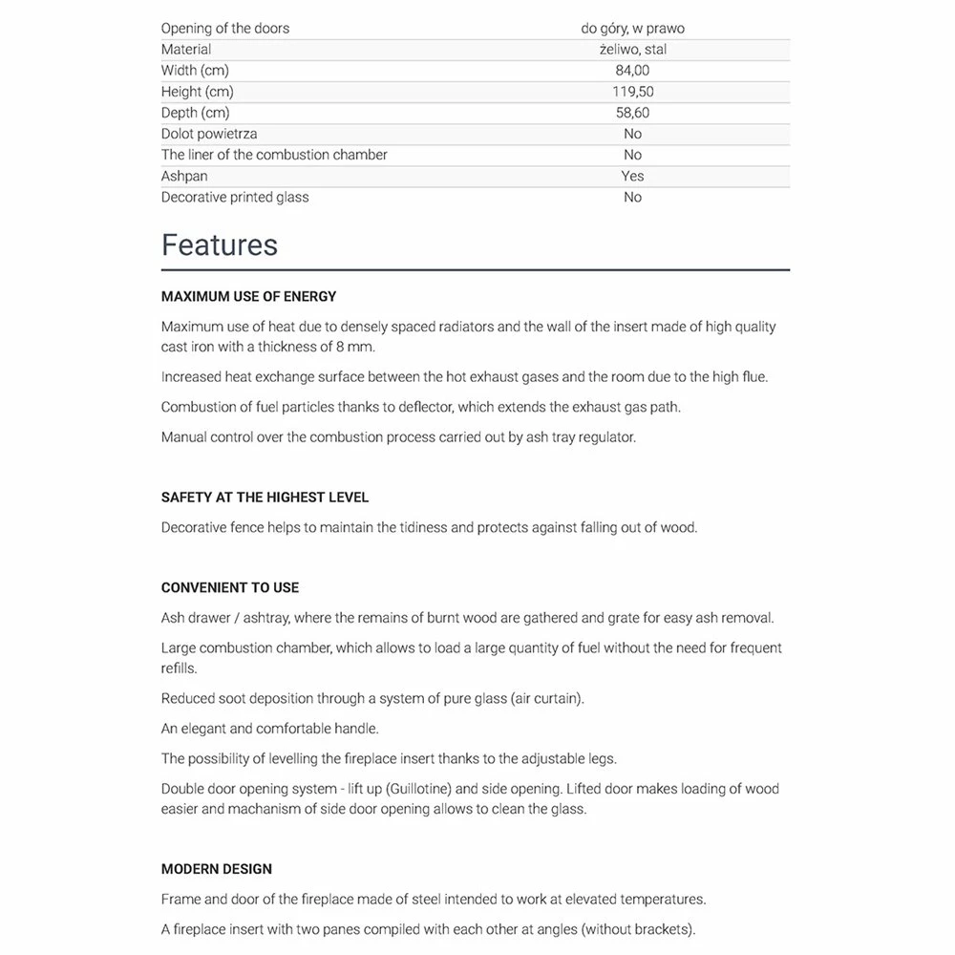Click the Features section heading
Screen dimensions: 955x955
point(219,245)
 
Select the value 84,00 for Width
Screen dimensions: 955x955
point(632,71)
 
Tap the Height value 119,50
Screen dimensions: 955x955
point(632,92)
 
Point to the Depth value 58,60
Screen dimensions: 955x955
point(632,113)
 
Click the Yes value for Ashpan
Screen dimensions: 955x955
point(632,176)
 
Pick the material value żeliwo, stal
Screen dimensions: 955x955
point(632,50)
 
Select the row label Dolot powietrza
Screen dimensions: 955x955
point(208,134)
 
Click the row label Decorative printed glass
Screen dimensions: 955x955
point(235,197)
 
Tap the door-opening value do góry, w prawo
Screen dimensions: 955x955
point(632,29)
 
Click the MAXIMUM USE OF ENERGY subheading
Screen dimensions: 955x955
point(248,297)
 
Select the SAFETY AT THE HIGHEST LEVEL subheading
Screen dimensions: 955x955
point(265,498)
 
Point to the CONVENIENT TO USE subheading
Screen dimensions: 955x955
point(230,587)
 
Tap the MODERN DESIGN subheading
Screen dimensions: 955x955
point(217,869)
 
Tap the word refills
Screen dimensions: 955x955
point(179,668)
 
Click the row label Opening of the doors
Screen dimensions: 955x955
point(225,29)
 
